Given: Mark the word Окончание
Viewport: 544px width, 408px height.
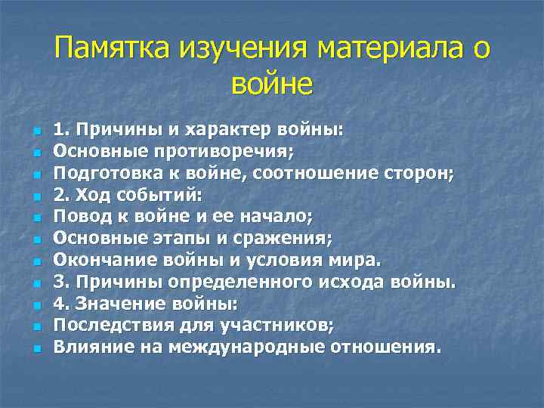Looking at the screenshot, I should point(97,261).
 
